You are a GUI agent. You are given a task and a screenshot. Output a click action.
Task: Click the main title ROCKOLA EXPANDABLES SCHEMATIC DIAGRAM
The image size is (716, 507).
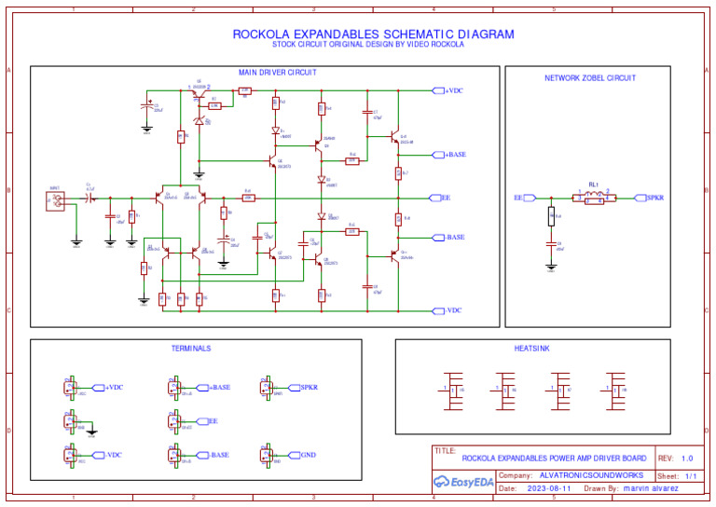pyautogui.click(x=373, y=34)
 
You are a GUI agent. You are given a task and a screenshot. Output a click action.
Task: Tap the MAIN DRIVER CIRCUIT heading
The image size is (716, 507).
pyautogui.click(x=278, y=72)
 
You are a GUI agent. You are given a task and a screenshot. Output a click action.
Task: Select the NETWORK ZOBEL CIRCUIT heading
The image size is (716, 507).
pyautogui.click(x=590, y=78)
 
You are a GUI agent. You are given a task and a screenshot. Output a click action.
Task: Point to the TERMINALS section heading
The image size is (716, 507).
pyautogui.click(x=191, y=349)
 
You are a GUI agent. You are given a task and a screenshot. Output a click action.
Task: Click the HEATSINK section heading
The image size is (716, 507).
pyautogui.click(x=532, y=349)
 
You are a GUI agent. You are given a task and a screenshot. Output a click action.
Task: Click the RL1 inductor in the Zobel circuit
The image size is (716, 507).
pyautogui.click(x=594, y=197)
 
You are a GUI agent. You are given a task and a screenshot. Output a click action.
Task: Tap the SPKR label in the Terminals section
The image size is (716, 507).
pyautogui.click(x=308, y=387)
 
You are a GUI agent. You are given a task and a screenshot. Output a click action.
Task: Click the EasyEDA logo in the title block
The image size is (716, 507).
pyautogui.click(x=463, y=482)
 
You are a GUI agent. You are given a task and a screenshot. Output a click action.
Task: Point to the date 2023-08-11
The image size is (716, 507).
pyautogui.click(x=548, y=488)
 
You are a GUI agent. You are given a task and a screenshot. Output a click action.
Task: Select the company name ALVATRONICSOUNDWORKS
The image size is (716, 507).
pyautogui.click(x=591, y=475)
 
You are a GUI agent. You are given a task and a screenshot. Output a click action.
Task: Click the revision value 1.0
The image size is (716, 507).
pyautogui.click(x=687, y=459)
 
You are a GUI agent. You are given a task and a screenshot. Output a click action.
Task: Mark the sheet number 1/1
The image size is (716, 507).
pyautogui.click(x=691, y=475)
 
